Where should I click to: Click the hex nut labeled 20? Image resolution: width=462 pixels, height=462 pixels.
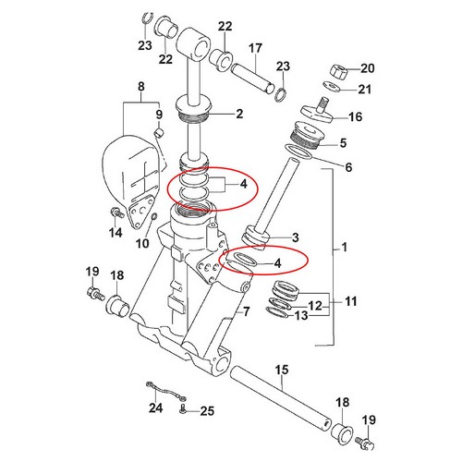click(x=339, y=72)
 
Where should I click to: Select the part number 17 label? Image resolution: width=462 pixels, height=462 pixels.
click(x=255, y=48)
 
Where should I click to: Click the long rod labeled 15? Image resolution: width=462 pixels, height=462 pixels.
click(x=281, y=398)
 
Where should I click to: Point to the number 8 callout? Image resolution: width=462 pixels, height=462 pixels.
click(x=141, y=87)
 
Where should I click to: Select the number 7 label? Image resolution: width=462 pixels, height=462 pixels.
click(x=246, y=311)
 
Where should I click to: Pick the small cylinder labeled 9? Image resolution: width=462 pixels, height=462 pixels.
click(x=159, y=133)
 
